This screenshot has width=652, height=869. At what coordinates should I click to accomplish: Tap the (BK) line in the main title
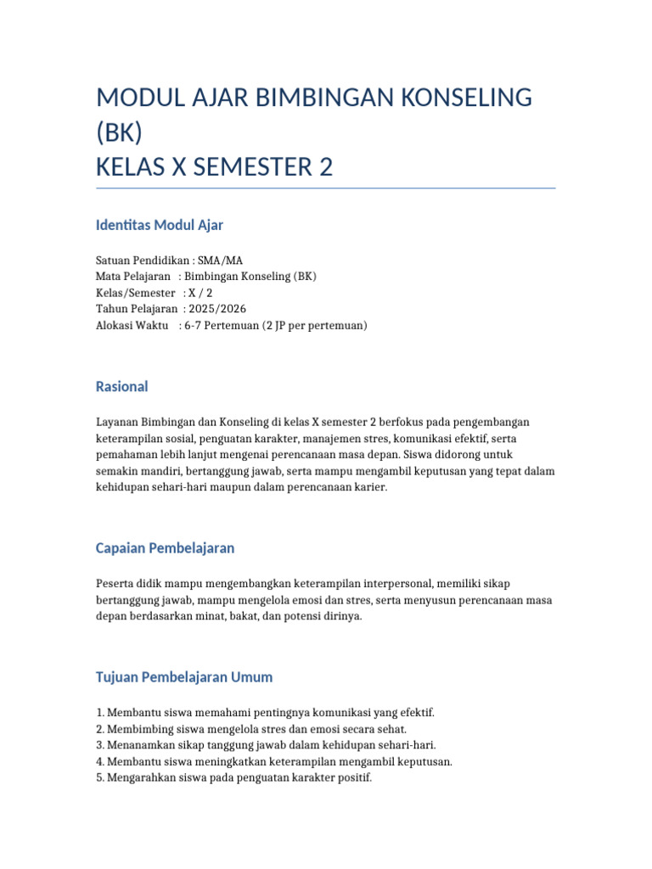coord(119,133)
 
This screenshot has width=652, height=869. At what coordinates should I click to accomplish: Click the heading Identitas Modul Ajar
coord(160,225)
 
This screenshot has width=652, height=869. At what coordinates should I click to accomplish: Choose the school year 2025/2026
coord(217,309)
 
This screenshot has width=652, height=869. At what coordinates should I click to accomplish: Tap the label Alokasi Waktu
coord(132,325)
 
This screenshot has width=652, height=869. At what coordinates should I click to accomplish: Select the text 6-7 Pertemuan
coord(221,325)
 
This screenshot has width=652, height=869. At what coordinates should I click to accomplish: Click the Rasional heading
coord(122,386)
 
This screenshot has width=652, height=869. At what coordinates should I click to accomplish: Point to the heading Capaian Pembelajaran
coord(165,548)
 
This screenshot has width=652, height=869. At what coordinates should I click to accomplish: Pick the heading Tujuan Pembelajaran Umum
coord(184,677)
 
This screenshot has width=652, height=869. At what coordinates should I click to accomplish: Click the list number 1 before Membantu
coord(99,713)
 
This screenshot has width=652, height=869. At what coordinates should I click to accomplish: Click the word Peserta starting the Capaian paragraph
coord(115,584)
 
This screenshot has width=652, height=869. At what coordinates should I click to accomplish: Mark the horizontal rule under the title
coord(326,188)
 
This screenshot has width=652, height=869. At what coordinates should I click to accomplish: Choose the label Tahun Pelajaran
coord(137,309)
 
